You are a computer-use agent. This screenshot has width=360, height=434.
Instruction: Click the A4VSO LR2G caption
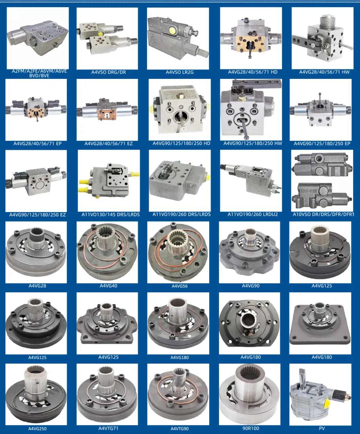coord(179,72)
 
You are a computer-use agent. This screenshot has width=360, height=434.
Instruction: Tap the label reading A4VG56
coord(179,286)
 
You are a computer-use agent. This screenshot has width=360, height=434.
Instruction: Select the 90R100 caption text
coord(251,428)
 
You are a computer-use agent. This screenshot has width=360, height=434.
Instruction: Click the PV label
coord(322,428)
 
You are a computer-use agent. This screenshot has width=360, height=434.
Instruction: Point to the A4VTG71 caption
coord(108,428)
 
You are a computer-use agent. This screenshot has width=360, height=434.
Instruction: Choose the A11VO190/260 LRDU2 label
coord(253,214)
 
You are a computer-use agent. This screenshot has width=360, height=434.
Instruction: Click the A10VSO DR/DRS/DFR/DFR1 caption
coord(323,214)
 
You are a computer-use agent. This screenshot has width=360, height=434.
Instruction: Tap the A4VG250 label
coord(37,429)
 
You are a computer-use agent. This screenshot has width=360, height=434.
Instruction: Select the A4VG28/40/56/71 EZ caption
coord(108,143)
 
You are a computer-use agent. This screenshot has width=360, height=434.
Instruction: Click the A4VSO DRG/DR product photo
coord(107,38)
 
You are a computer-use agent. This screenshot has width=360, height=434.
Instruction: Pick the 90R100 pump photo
coord(250,394)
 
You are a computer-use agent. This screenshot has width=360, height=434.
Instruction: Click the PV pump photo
coord(320,394)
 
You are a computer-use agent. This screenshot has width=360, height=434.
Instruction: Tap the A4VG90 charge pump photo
coord(250,252)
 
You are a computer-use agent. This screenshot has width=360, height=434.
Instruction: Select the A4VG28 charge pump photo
coord(36,252)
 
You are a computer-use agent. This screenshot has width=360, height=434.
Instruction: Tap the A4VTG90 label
coord(179,429)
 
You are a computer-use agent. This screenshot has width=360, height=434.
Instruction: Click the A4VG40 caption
coord(108,285)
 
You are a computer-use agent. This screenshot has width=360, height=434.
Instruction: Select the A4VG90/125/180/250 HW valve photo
coord(251,109)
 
